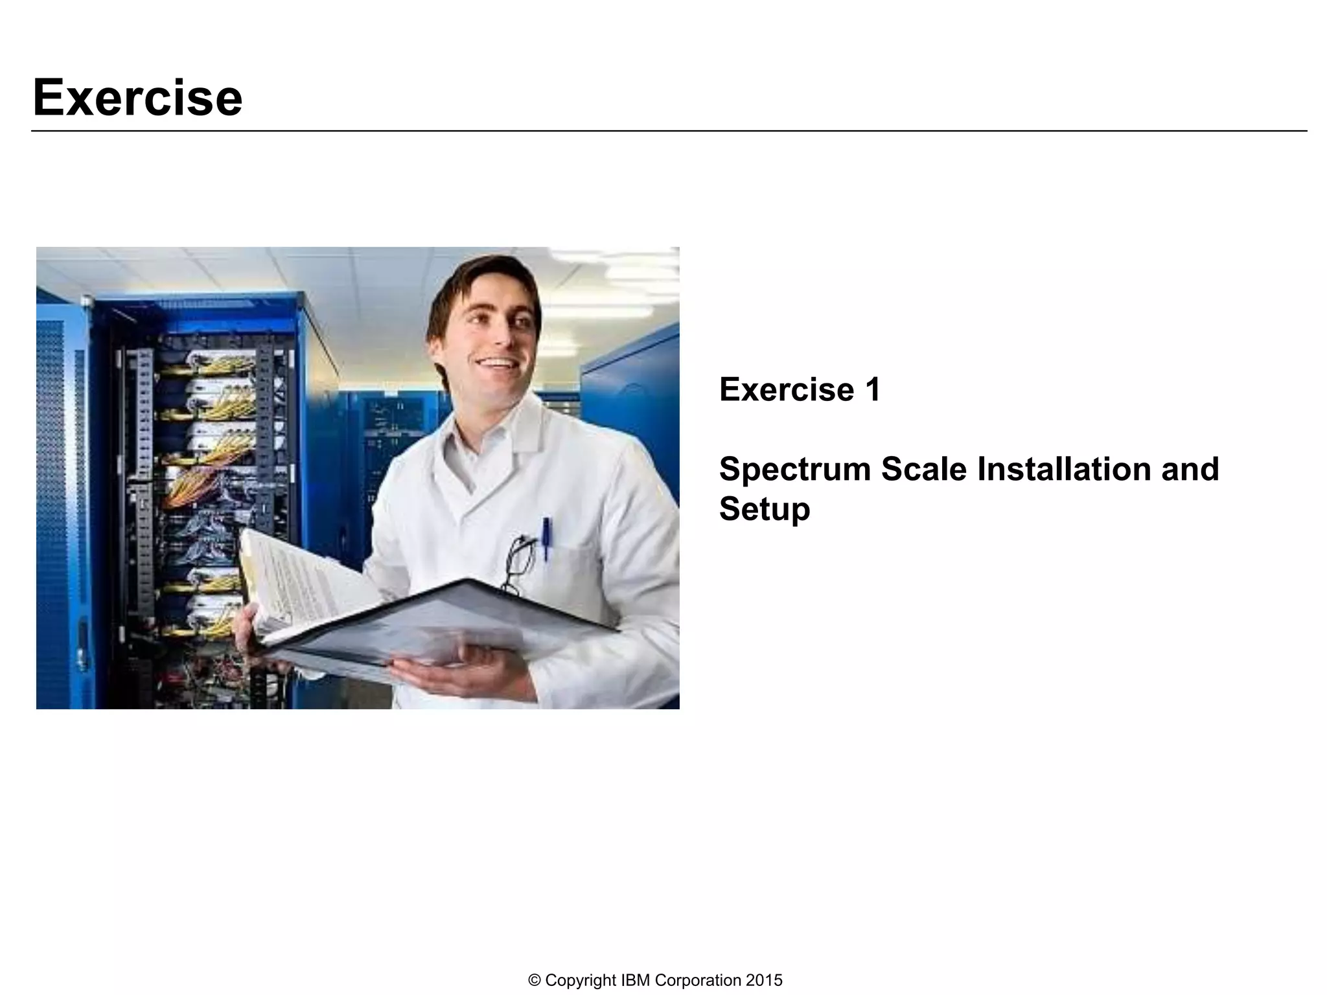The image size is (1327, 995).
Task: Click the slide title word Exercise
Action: tap(137, 98)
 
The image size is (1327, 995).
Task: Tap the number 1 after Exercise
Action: tap(871, 390)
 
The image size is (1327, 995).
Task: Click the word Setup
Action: tap(765, 509)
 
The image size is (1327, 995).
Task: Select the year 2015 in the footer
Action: tap(764, 980)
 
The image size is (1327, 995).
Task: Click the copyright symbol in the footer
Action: tap(535, 980)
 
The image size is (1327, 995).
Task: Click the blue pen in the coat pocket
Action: tap(546, 537)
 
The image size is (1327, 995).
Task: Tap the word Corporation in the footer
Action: tap(698, 980)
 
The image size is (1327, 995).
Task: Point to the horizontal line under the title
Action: tap(669, 131)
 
